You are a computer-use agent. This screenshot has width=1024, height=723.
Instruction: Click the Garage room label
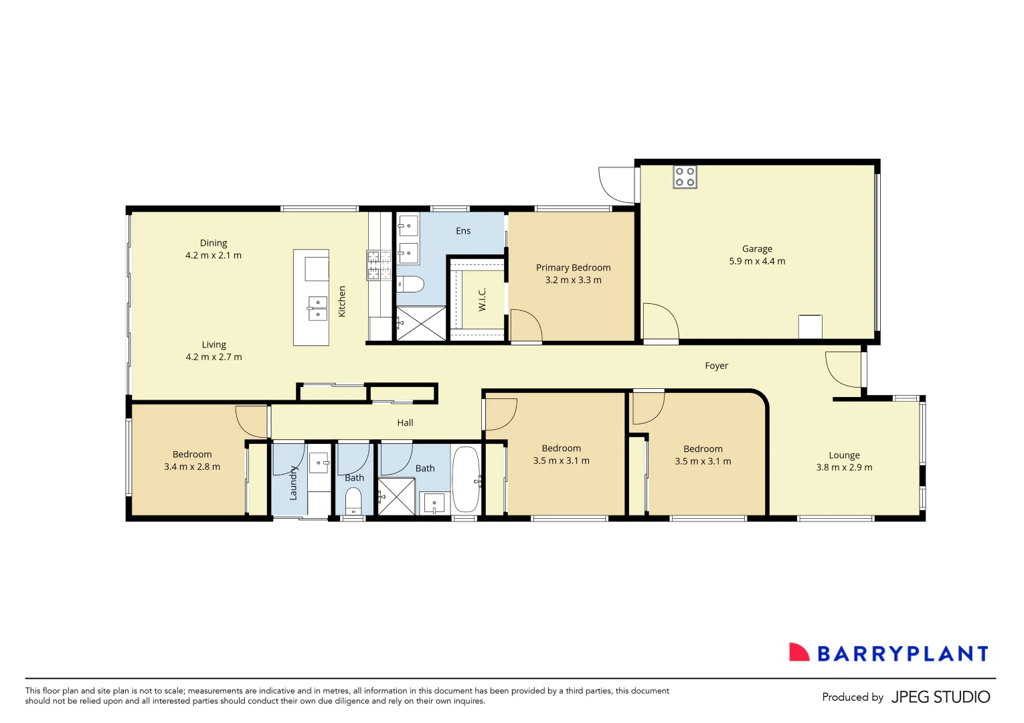click(757, 248)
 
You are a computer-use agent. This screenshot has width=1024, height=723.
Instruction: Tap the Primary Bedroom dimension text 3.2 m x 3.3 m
click(573, 280)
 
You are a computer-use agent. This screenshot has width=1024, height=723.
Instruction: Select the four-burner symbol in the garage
click(685, 177)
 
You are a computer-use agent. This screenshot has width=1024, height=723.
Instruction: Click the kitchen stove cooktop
click(379, 265)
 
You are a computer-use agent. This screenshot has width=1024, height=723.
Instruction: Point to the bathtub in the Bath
click(466, 480)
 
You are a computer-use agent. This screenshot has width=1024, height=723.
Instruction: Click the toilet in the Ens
click(411, 284)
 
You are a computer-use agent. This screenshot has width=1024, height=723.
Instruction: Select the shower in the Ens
click(421, 323)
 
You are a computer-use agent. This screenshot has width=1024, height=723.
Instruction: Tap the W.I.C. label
click(482, 299)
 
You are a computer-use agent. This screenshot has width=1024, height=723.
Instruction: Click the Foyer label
click(716, 366)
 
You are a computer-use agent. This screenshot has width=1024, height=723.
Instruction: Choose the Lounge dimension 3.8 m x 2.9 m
click(844, 467)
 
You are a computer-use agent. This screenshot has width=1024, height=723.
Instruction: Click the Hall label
click(405, 422)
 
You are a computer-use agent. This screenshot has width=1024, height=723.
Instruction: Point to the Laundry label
click(293, 483)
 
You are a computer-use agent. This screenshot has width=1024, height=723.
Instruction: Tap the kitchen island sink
click(317, 309)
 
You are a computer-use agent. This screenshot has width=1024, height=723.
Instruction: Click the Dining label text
click(214, 243)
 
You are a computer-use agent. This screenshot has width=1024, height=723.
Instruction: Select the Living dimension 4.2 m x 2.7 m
click(214, 357)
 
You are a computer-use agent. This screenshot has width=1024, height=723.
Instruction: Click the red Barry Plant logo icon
click(798, 653)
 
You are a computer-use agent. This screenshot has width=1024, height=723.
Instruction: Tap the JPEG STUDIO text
click(940, 697)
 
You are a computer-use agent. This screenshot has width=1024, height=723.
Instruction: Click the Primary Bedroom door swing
click(525, 325)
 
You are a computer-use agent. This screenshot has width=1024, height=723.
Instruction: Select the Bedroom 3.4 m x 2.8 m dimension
click(192, 467)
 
